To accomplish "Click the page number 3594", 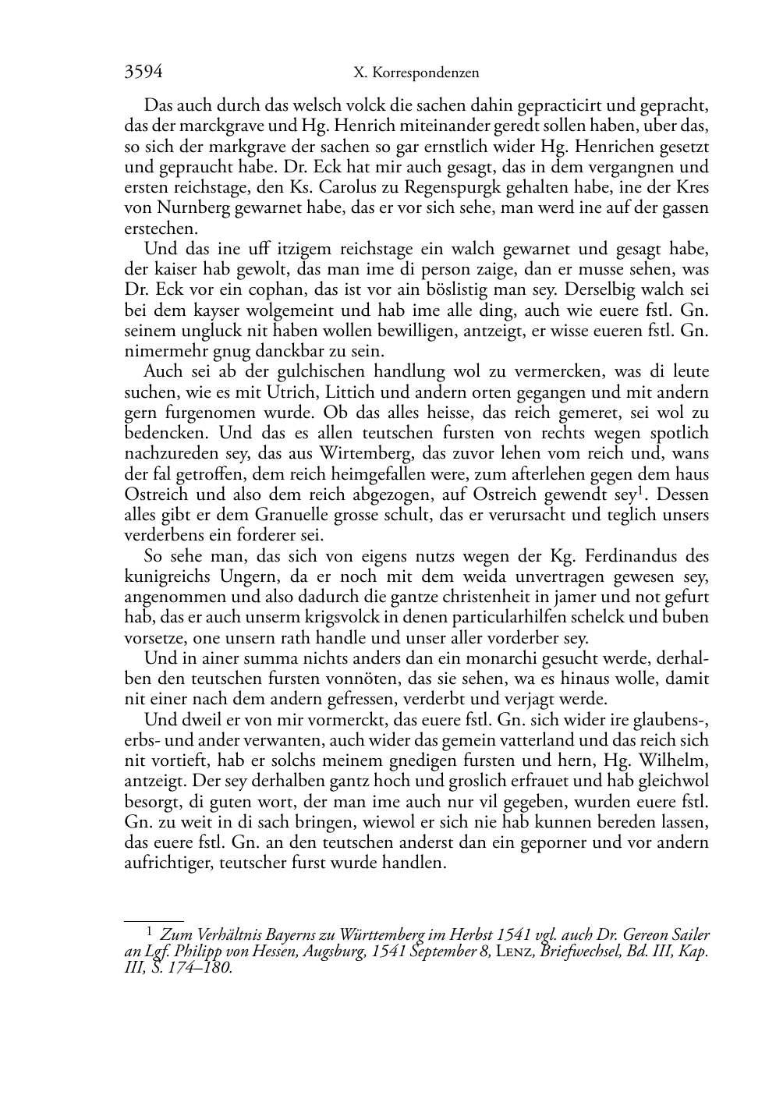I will (143, 73).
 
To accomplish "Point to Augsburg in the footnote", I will (333, 952).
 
